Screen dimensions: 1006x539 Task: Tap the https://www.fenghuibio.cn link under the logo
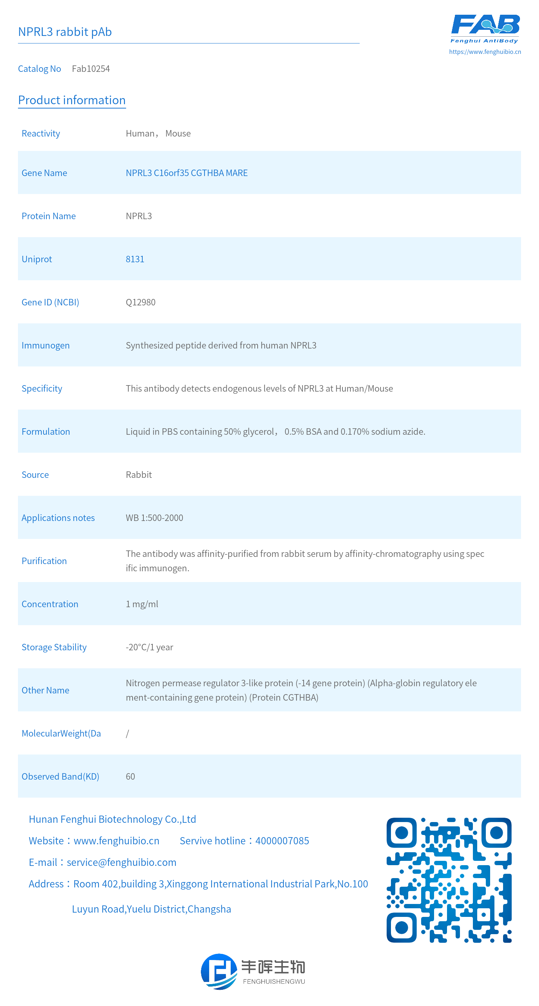point(485,51)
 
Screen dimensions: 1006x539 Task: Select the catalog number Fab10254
point(91,69)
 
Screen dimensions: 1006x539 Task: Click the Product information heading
point(72,100)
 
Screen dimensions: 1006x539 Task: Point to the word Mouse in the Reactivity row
point(178,134)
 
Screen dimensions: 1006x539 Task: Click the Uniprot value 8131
point(135,259)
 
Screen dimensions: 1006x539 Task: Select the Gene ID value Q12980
point(140,302)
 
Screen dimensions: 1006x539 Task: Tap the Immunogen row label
point(45,345)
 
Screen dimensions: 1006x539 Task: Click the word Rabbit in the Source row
point(139,475)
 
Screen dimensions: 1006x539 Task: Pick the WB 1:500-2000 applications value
point(154,518)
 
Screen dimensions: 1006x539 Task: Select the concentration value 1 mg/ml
point(142,604)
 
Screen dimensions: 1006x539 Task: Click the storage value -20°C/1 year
point(149,647)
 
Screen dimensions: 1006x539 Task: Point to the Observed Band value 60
point(130,776)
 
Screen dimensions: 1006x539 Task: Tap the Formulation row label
point(46,432)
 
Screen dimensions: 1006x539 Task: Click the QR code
point(449,880)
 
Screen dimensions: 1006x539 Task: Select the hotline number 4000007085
point(282,841)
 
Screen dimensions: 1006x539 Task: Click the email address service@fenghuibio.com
point(121,862)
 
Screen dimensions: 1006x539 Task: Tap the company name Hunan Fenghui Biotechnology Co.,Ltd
point(112,819)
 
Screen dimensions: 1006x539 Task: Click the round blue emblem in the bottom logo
point(219,972)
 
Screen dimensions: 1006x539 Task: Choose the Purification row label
point(44,561)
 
